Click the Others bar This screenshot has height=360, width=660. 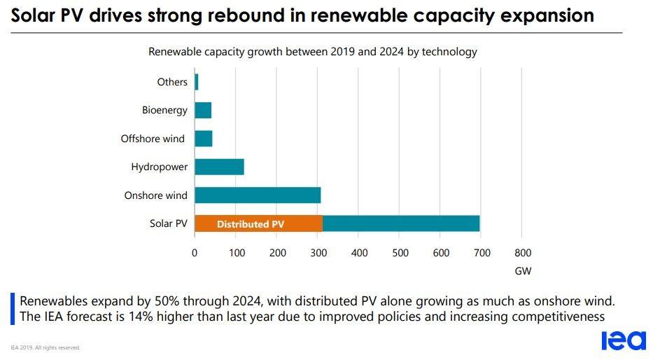pos(197,82)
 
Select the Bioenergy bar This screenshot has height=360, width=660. pos(203,110)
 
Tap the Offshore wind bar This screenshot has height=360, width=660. pos(204,139)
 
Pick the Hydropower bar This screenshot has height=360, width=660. pos(219,167)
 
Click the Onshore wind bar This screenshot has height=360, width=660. pos(258,195)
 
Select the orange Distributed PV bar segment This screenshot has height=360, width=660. pos(258,223)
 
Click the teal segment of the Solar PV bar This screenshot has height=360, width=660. pos(401,223)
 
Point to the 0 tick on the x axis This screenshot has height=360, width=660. pos(195,253)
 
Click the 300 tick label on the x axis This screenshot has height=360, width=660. pos(318,253)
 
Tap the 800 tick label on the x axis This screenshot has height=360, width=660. pos(522,253)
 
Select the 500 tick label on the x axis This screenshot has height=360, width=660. pos(400,253)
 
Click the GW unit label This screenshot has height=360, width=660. pos(523,270)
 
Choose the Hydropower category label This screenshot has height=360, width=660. pos(159,167)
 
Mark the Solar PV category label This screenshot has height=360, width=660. pos(169,223)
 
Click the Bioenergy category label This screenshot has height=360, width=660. pos(164,110)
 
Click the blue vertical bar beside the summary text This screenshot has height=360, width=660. pos(12,309)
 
